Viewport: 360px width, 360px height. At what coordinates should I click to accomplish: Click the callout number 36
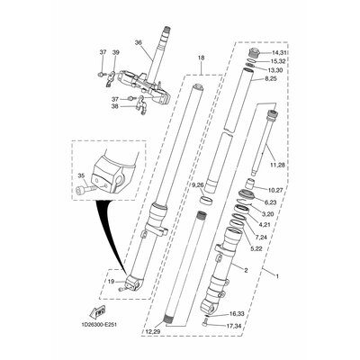tap(138, 41)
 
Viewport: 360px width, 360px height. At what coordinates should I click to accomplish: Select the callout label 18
tap(201, 58)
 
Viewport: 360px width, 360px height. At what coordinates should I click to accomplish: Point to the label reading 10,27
tap(275, 191)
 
